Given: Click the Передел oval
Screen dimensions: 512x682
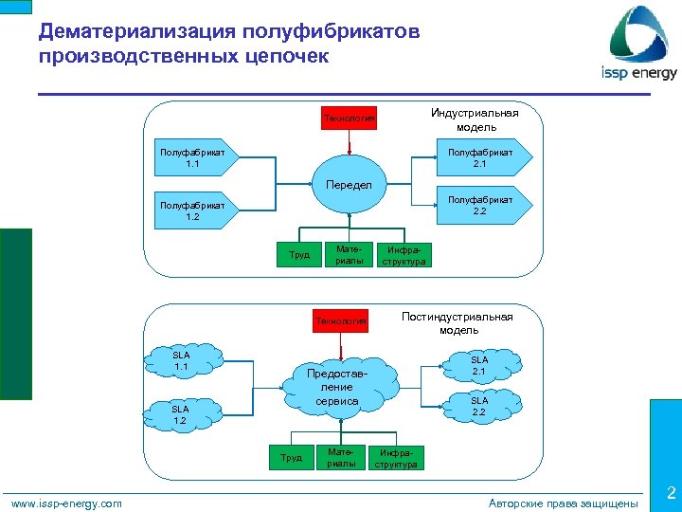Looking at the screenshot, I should (349, 184).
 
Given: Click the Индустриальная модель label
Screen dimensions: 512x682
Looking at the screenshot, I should (475, 120).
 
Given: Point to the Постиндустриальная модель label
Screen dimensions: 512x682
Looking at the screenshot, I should (458, 323).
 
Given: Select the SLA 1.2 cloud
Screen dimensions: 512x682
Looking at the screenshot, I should (179, 414).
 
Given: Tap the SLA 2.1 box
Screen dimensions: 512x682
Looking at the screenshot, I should (479, 365).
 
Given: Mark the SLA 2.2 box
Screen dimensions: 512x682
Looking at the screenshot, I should (479, 407).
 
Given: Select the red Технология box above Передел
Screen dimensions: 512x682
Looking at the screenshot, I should (350, 119).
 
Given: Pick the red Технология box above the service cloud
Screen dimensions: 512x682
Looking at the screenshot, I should (341, 321).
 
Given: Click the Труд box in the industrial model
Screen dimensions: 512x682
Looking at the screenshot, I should (299, 255).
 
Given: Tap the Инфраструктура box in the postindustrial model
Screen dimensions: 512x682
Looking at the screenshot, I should (396, 459).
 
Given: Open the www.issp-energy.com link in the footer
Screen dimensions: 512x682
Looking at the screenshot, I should (66, 503).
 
